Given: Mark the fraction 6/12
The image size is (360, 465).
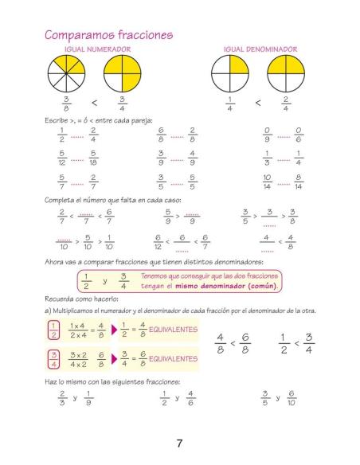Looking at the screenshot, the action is [x=158, y=241].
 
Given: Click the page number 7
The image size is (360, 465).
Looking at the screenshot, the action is [x=181, y=443].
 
